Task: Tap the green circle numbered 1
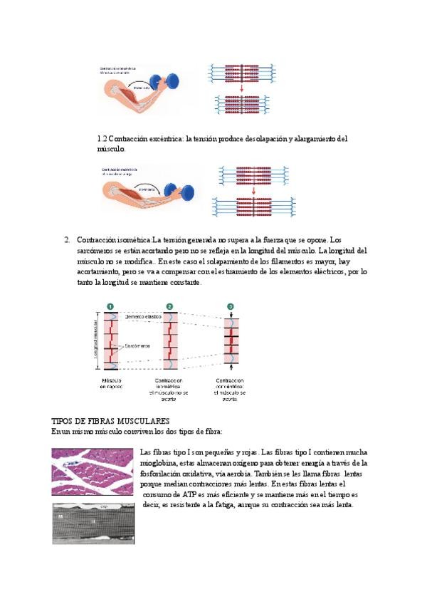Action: coord(110,306)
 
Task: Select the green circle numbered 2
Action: coord(169,306)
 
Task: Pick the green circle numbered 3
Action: coord(231,306)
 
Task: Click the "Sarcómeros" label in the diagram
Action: coord(137,346)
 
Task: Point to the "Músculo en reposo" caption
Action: coord(111,385)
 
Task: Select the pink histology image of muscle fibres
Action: coord(94,471)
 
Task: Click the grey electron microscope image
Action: coord(94,523)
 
